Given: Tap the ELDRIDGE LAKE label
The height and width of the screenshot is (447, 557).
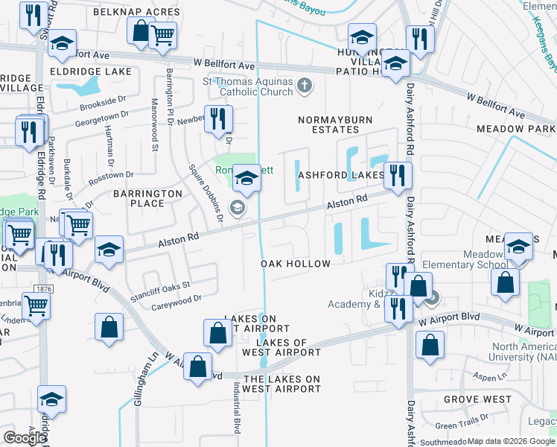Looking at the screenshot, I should (91, 72).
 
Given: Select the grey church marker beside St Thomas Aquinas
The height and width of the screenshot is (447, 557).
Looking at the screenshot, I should (303, 85).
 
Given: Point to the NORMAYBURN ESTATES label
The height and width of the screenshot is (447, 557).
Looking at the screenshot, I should (335, 124).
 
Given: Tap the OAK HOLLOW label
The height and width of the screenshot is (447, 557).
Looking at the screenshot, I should (296, 264).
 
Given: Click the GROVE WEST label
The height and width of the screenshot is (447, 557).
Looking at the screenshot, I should (477, 399).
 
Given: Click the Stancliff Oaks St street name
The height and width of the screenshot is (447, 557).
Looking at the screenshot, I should (162, 285).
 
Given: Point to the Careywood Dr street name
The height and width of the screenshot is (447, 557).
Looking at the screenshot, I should (176, 299).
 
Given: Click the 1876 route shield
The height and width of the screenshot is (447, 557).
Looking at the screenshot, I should (42, 288).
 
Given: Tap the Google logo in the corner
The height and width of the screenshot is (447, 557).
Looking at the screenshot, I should (24, 438).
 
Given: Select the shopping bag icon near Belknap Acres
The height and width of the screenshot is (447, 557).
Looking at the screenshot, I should (140, 31).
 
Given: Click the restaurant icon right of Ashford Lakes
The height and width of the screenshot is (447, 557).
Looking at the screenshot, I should (398, 176).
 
